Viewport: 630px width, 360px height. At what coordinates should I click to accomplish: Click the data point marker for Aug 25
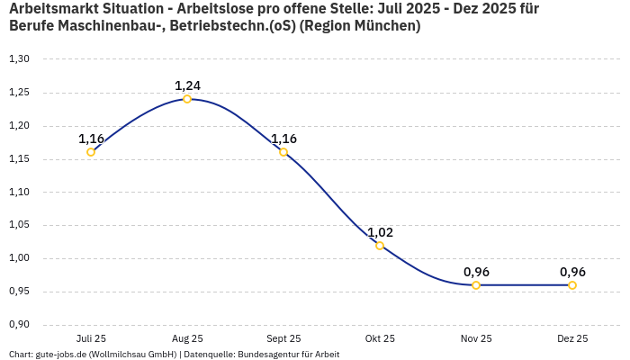(x=187, y=99)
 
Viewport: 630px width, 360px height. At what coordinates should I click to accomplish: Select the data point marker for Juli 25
(x=91, y=152)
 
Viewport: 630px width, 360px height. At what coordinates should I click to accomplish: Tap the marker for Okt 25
(x=380, y=246)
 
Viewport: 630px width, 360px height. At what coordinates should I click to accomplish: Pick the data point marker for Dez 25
(x=572, y=285)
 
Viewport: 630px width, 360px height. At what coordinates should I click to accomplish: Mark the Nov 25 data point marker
(x=476, y=285)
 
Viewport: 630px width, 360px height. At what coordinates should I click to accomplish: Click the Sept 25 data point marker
(x=283, y=152)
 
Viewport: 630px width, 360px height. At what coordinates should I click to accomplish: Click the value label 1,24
(x=187, y=85)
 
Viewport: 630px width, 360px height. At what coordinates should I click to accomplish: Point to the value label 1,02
(x=380, y=232)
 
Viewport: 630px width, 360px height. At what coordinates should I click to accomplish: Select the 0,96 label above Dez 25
(x=572, y=272)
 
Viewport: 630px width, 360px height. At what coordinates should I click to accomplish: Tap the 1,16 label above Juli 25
(x=91, y=139)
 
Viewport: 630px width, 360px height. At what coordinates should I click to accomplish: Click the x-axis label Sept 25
(x=283, y=338)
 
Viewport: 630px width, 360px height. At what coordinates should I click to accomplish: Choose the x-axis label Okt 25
(x=380, y=338)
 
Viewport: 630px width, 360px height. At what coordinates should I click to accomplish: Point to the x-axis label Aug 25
(x=187, y=338)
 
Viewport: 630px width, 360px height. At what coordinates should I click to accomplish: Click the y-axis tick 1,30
(x=19, y=59)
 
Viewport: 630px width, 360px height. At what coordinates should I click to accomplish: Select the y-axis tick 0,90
(x=19, y=325)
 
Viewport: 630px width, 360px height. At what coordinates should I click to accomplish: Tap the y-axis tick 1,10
(x=19, y=193)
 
